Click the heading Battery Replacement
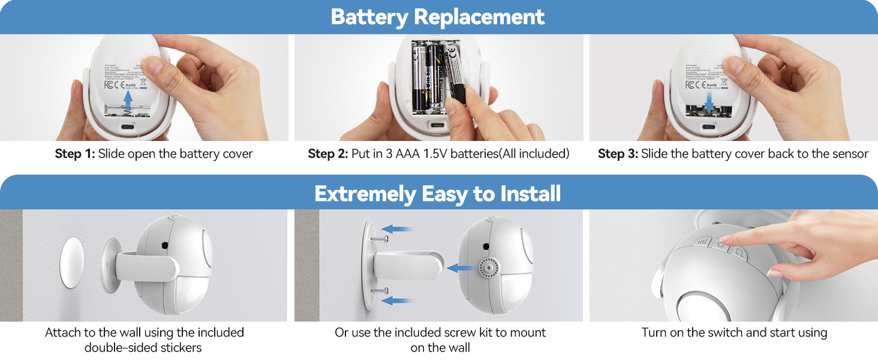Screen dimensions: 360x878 coord(438,17)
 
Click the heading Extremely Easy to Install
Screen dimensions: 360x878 coord(438,194)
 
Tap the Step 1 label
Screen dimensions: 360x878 coord(75,154)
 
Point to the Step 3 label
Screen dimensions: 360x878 coord(618,154)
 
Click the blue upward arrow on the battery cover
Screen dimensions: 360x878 coord(128,99)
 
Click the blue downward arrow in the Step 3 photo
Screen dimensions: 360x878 coord(710,102)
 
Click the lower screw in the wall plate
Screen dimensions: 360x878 coord(377,291)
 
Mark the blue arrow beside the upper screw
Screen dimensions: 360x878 coord(398,229)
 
